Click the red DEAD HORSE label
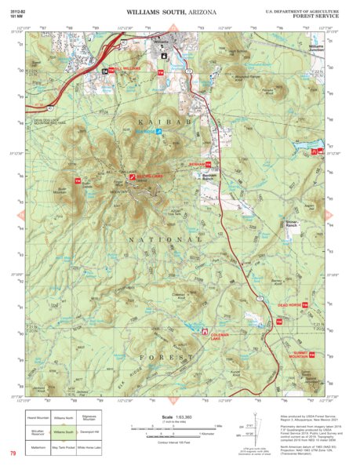(x=289, y=304)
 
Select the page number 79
(x=13, y=453)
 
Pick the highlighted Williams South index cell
(x=64, y=431)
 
